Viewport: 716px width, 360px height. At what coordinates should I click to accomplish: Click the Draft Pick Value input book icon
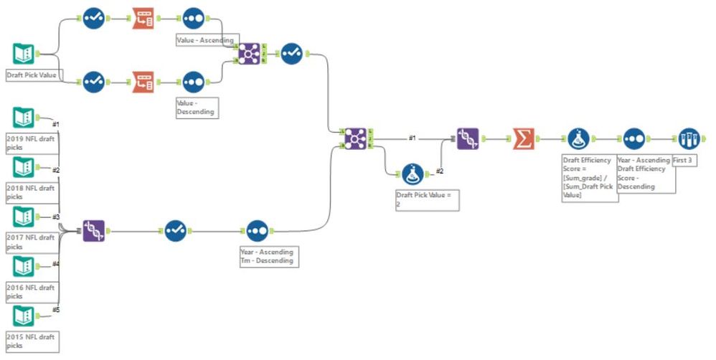(24, 55)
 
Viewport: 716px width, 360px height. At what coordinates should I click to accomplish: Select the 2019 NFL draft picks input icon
(24, 118)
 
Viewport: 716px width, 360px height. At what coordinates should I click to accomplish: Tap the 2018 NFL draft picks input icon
(24, 168)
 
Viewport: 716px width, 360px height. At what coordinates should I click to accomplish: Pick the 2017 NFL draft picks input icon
(24, 217)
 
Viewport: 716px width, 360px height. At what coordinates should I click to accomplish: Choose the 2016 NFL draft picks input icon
(24, 267)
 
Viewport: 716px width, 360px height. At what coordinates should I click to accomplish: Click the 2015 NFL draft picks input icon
(24, 316)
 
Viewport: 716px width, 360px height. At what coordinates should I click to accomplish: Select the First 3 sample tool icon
(688, 138)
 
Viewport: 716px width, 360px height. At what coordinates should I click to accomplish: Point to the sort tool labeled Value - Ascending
(194, 19)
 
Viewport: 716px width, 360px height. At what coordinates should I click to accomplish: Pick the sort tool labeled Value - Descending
(194, 82)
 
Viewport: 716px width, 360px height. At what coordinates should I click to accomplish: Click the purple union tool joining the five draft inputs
(93, 230)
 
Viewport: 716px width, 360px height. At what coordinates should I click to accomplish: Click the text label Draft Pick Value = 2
(426, 199)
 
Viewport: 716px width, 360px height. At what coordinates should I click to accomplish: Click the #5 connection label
(55, 310)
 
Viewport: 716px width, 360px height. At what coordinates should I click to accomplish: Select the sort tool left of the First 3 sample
(633, 138)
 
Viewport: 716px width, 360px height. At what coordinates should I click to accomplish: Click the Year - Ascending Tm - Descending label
(268, 256)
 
